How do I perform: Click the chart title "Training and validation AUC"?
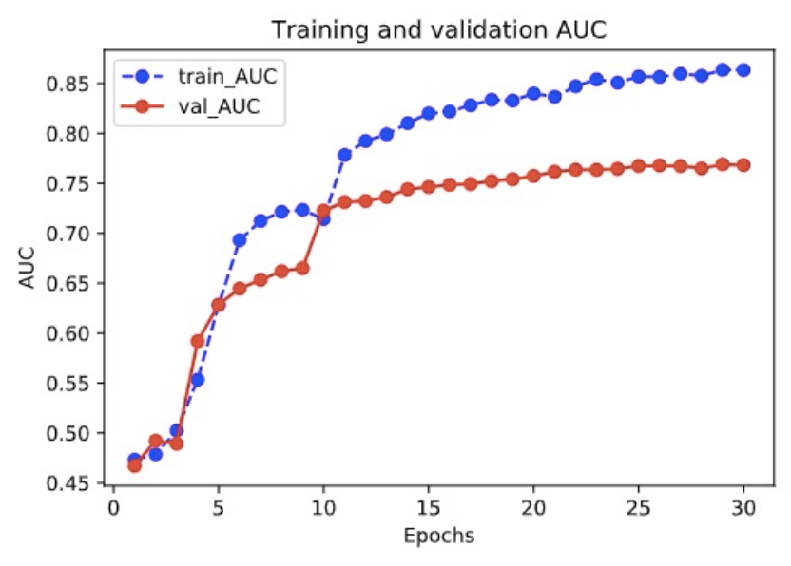pyautogui.click(x=438, y=29)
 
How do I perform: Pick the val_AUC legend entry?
pyautogui.click(x=186, y=107)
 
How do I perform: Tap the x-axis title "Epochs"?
pyautogui.click(x=438, y=535)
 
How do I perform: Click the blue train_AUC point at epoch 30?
pyautogui.click(x=743, y=69)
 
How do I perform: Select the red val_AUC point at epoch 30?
pyautogui.click(x=743, y=164)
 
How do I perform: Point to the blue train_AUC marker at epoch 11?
pyautogui.click(x=344, y=154)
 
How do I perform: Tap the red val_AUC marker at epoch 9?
pyautogui.click(x=302, y=269)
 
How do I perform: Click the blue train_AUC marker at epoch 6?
pyautogui.click(x=240, y=240)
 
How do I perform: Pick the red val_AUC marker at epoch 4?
pyautogui.click(x=198, y=341)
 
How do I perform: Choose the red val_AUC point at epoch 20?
pyautogui.click(x=533, y=176)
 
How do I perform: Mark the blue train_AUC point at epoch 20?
pyautogui.click(x=533, y=93)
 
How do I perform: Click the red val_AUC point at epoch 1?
pyautogui.click(x=134, y=465)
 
